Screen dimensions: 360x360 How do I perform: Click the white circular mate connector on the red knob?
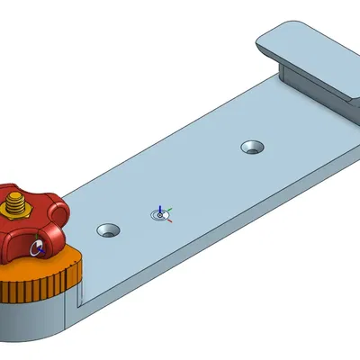click(x=37, y=247)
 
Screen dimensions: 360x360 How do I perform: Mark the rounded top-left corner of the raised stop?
click(x=264, y=37)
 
